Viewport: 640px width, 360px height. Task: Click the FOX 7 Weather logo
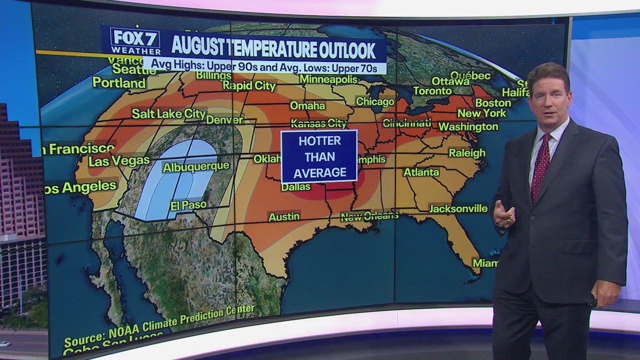(135, 41)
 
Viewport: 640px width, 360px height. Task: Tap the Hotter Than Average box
(319, 156)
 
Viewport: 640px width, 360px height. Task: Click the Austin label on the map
(284, 217)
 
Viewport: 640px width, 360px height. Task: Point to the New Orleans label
(369, 216)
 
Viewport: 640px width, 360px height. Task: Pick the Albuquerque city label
(196, 166)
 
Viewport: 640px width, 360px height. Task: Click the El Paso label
(188, 205)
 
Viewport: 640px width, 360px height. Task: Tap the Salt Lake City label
(168, 114)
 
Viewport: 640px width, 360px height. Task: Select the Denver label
(224, 120)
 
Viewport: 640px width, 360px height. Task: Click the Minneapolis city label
(328, 79)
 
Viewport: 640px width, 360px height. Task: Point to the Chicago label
(375, 102)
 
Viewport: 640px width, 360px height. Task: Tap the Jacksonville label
(458, 208)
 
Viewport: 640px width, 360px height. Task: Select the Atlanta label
(421, 172)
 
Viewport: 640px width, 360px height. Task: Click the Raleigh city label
(467, 153)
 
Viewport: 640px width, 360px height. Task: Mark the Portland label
(119, 82)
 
